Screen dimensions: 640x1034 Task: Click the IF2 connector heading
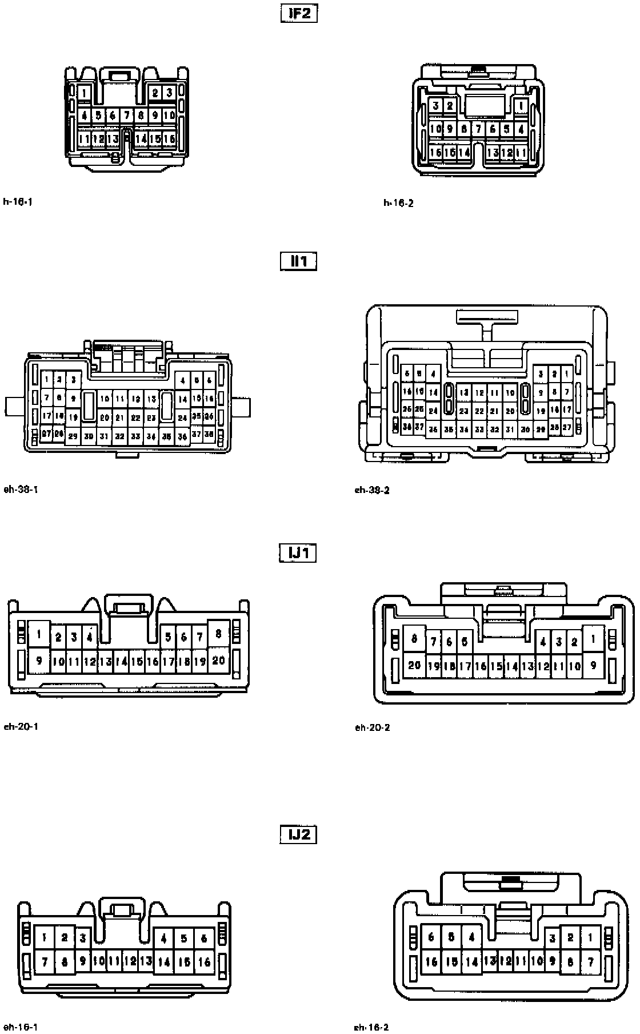point(299,13)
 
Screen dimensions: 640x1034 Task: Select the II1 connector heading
point(299,261)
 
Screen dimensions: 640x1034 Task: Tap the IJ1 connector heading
point(298,553)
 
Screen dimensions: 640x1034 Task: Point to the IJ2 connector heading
point(298,834)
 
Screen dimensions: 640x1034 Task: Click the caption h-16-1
point(17,201)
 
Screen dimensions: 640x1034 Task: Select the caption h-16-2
point(398,203)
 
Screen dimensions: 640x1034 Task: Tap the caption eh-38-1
point(21,489)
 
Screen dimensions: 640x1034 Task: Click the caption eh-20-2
point(372,727)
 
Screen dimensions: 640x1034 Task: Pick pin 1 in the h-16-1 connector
point(84,93)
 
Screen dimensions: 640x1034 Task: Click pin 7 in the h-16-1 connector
point(127,116)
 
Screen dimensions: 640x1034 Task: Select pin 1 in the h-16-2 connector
point(521,106)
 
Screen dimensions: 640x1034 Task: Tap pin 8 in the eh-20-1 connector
point(218,634)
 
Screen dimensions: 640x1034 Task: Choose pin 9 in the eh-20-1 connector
point(39,661)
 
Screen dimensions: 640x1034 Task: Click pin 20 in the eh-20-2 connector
point(414,665)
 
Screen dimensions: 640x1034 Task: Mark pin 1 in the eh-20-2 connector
point(594,639)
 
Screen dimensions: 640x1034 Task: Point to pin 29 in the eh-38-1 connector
point(73,436)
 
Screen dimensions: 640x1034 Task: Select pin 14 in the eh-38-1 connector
point(182,400)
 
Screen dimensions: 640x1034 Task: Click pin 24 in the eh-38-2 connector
point(433,411)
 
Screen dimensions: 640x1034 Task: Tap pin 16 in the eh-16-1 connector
point(204,962)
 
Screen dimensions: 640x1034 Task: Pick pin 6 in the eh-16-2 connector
point(431,937)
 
